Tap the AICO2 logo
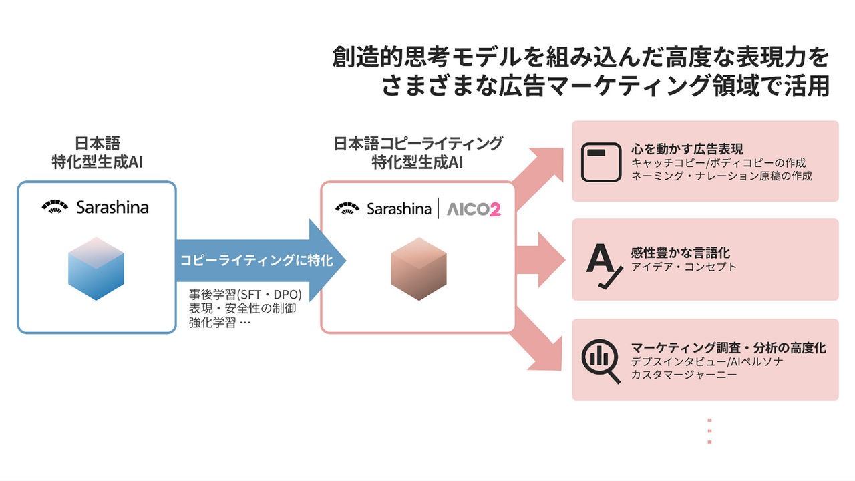pos(474,209)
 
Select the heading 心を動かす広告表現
pos(687,149)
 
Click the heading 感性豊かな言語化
pos(680,253)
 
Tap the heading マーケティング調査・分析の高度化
pos(728,348)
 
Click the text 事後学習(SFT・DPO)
pos(246,295)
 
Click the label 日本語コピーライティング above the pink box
pos(418,143)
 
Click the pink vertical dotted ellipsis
pos(709,432)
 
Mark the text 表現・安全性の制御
pos(242,309)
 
